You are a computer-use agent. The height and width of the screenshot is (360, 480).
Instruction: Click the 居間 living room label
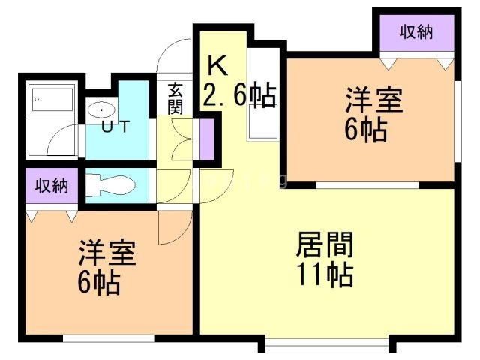(325, 244)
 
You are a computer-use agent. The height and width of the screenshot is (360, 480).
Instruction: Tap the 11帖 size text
(325, 274)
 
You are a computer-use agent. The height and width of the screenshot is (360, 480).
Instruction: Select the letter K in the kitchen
(217, 65)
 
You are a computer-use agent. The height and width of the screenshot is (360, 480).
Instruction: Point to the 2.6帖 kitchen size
(239, 95)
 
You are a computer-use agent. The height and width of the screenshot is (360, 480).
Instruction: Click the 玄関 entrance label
(175, 98)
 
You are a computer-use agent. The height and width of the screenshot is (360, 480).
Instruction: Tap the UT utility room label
(115, 126)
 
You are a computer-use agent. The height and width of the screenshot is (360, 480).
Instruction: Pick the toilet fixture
(110, 185)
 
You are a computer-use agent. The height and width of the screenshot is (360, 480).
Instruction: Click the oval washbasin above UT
(101, 109)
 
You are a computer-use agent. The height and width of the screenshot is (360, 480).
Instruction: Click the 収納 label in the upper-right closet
(415, 31)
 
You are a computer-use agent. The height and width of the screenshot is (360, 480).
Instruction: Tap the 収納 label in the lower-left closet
(52, 185)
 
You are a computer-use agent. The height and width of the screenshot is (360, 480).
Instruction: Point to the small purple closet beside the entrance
(207, 139)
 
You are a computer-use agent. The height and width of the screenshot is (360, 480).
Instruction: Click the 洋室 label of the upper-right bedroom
(373, 100)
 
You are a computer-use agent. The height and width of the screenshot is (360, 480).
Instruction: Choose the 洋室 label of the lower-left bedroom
(106, 253)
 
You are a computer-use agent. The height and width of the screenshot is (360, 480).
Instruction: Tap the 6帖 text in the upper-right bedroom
(365, 130)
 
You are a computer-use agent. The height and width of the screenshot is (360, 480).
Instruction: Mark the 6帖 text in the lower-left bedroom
(98, 283)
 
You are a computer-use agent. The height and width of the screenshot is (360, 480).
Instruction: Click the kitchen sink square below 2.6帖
(263, 121)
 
